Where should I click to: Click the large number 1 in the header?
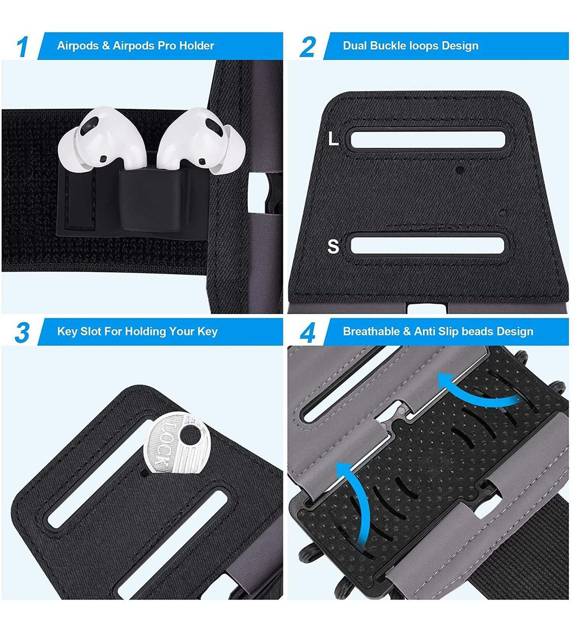pos(23,47)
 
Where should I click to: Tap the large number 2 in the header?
pos(307,47)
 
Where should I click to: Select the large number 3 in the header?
pos(23,332)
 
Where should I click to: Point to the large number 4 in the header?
pos(307,332)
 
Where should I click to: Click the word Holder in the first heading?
pos(196,46)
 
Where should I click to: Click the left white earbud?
pos(102,139)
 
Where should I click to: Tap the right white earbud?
pos(201,140)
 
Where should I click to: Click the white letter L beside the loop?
pos(333,138)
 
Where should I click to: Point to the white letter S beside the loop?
pos(333,246)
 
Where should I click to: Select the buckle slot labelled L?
pos(428,140)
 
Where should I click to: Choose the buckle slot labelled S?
pos(427,245)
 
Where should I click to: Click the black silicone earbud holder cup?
pos(150,201)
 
